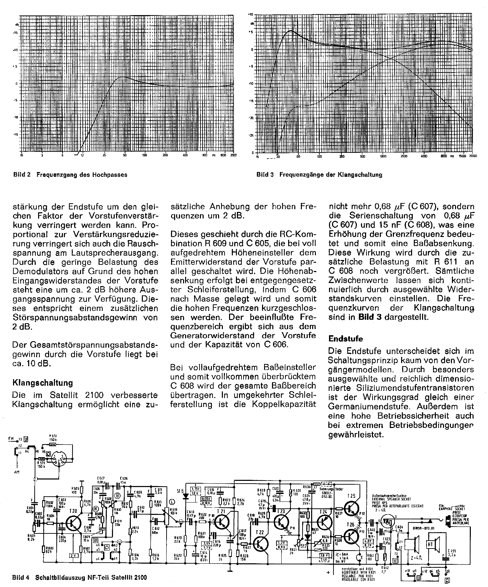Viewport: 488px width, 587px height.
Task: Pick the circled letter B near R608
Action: click(x=118, y=495)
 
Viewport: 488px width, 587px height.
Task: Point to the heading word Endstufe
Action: click(x=345, y=339)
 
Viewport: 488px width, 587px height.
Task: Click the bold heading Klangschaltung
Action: click(x=43, y=383)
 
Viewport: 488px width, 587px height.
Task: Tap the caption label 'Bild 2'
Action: click(x=22, y=174)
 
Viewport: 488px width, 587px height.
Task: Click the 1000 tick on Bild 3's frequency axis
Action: click(x=383, y=156)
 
